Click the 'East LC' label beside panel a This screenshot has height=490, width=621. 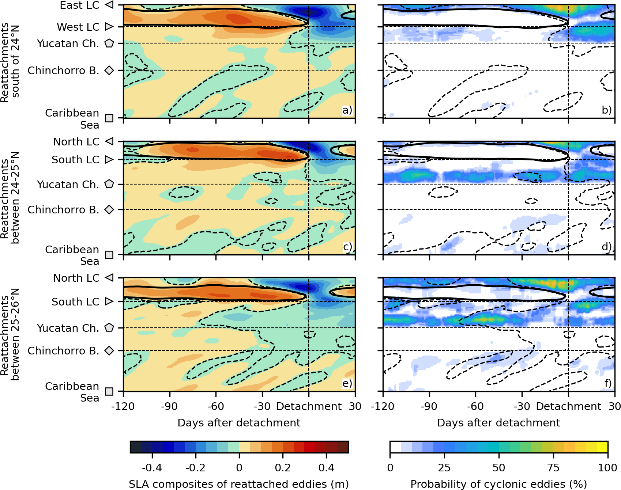(79, 5)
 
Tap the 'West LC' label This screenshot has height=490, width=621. (78, 27)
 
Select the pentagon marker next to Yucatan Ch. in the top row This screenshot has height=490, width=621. (109, 43)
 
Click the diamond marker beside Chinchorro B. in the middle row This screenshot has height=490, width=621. (109, 210)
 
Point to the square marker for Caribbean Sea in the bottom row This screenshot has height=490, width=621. (109, 391)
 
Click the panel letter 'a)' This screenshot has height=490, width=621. (347, 110)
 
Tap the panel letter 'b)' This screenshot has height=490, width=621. (607, 110)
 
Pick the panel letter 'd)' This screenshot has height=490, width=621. (607, 247)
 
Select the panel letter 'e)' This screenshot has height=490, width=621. (347, 383)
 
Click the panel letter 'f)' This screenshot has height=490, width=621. (607, 383)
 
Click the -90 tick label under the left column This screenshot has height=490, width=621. (169, 406)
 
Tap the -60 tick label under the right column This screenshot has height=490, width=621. (475, 406)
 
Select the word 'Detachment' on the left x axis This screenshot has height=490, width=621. (309, 406)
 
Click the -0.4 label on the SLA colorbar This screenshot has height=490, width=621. (152, 468)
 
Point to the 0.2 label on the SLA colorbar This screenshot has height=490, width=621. (283, 468)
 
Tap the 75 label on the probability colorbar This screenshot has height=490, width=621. (553, 468)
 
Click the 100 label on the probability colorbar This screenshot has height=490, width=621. (607, 468)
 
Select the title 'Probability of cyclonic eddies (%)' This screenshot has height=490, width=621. (498, 484)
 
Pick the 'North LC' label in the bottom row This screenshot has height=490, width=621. (76, 278)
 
